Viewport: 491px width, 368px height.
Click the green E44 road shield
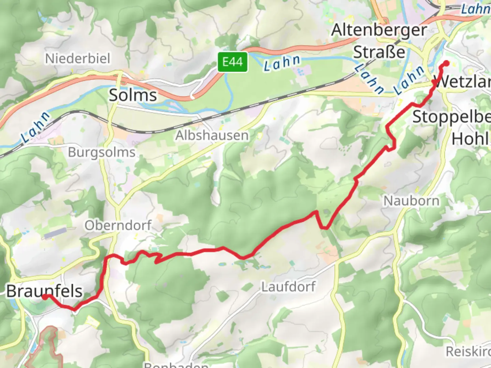tap(233, 62)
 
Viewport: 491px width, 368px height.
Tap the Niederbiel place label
tap(78, 58)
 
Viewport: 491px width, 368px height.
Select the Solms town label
tap(133, 95)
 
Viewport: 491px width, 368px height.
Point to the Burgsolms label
tap(102, 152)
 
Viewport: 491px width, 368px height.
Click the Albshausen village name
tap(212, 136)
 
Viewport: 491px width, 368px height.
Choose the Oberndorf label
tap(118, 225)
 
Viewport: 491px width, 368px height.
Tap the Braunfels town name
tap(44, 291)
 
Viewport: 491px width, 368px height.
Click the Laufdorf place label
tap(288, 287)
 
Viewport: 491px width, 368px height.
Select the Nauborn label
tap(412, 201)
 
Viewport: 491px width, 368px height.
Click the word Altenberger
tap(379, 30)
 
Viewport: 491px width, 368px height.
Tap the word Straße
tap(379, 52)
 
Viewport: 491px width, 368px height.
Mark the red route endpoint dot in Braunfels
tap(45, 297)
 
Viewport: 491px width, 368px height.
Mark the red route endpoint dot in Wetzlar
tap(446, 63)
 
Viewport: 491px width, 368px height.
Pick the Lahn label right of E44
tap(282, 63)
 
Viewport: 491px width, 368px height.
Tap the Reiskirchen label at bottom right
tap(468, 351)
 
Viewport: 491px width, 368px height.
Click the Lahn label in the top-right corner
tap(475, 9)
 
